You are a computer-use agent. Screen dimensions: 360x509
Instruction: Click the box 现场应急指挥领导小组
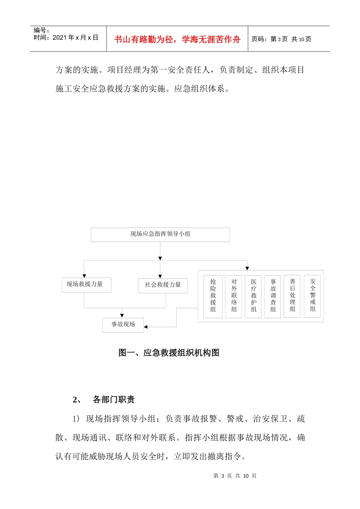(160, 234)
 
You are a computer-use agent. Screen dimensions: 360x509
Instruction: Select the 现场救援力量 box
(86, 285)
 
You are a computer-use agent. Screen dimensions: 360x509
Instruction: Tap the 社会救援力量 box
(163, 285)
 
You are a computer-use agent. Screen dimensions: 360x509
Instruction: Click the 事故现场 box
(123, 325)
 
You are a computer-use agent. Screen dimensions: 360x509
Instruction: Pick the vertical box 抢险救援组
(213, 296)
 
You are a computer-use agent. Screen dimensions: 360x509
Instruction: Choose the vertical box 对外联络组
(234, 296)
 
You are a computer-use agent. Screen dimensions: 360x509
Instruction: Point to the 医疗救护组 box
(254, 296)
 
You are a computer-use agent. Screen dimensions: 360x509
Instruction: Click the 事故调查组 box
(273, 296)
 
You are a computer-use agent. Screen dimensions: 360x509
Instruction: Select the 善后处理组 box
(292, 296)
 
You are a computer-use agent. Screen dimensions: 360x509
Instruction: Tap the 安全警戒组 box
(312, 296)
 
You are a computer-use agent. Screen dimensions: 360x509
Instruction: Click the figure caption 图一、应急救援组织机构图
(169, 353)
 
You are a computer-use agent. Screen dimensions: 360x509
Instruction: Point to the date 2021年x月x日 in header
(75, 38)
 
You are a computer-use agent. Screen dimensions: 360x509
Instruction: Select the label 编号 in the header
(41, 30)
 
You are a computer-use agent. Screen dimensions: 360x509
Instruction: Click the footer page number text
(235, 476)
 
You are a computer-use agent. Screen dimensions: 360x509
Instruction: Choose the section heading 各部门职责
(113, 400)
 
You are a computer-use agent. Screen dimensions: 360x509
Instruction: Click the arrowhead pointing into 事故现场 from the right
(146, 326)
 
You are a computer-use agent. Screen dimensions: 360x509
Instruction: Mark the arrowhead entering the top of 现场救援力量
(84, 276)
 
